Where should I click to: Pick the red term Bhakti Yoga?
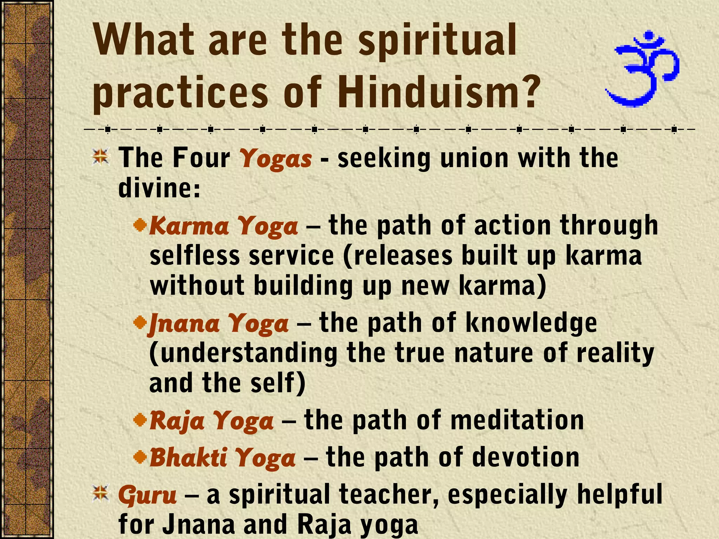point(223,458)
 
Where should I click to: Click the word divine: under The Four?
point(159,188)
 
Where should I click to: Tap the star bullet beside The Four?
point(101,157)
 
